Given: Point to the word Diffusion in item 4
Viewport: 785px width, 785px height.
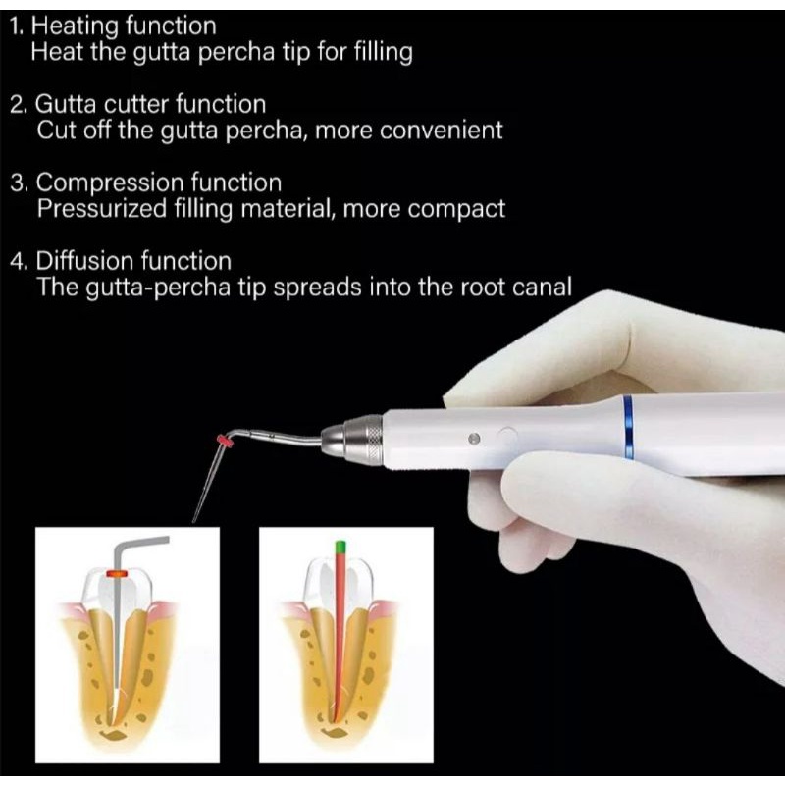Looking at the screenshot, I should point(82,261).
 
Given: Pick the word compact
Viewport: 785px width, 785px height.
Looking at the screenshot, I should point(462,208).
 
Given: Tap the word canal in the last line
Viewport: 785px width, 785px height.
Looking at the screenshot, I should point(543,288).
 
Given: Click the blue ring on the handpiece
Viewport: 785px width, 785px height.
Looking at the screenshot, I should point(627,427).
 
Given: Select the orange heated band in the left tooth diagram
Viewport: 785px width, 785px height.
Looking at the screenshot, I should point(118,571).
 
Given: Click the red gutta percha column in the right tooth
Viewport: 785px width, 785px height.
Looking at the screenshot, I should point(340,628).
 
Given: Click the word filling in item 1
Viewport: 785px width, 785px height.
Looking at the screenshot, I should point(377,52).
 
